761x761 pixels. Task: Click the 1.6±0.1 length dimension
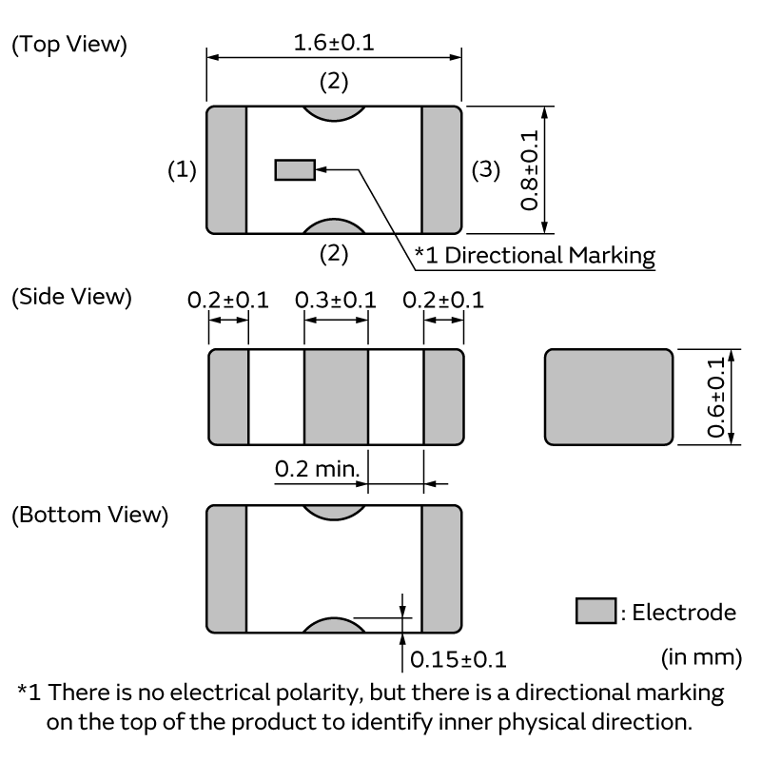point(333,44)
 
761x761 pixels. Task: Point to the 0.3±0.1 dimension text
point(336,300)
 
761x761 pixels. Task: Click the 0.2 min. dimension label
point(315,468)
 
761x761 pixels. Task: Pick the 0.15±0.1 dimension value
point(458,659)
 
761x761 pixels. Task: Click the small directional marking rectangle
point(294,169)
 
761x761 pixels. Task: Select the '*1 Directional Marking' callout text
point(535,254)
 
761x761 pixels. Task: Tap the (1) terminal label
point(182,170)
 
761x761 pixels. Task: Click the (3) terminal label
point(485,170)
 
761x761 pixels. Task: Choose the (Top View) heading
point(68,45)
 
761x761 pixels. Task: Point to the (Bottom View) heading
point(89,516)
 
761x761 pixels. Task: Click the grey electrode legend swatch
point(595,612)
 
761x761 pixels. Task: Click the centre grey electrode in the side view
point(336,397)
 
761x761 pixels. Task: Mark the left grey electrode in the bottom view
point(226,569)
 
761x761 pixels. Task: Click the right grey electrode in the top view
point(441,169)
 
